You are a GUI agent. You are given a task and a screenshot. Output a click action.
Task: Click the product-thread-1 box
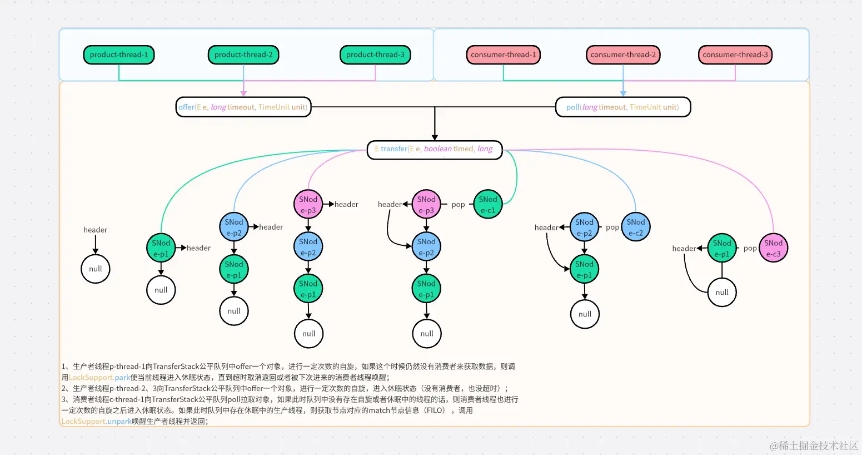[118, 55]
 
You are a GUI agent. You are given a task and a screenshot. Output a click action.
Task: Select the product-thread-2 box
[243, 55]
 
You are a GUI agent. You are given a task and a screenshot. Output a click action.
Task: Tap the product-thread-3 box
[375, 55]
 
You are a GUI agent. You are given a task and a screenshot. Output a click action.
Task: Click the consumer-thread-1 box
[503, 55]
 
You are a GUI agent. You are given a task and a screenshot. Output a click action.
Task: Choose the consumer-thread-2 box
[623, 55]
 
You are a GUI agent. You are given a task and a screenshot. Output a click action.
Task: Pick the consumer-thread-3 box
[735, 55]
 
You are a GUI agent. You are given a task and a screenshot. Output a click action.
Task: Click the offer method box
[243, 107]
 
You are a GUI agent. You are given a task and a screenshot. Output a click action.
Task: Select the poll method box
[622, 107]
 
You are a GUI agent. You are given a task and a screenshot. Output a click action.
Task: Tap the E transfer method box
[434, 149]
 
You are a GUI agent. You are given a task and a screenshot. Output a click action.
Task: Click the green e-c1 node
[487, 205]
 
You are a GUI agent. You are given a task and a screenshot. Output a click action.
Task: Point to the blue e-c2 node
[635, 227]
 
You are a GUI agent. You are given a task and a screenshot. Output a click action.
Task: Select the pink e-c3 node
[773, 248]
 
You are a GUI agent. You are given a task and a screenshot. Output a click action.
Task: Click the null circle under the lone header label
[96, 269]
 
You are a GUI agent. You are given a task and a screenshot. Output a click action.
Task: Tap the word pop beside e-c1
[458, 205]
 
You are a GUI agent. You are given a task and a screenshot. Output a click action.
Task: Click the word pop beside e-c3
[750, 249]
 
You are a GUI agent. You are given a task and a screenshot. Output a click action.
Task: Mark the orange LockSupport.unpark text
[96, 422]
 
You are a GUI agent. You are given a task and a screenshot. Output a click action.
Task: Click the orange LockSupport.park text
[99, 377]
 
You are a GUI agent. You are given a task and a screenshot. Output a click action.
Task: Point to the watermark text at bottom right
[814, 446]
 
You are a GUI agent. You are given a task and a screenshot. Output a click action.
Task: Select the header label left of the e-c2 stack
[546, 227]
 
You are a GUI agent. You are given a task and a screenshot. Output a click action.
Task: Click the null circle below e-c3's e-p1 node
[722, 292]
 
